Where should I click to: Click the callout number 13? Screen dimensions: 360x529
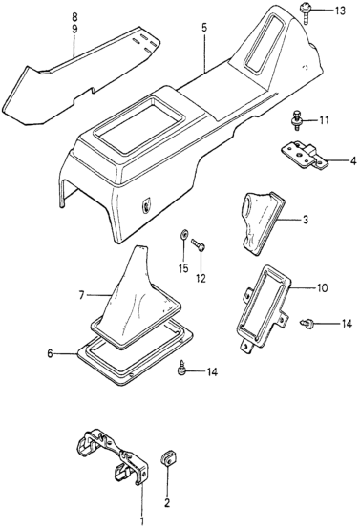[340, 11]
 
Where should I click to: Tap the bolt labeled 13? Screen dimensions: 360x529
[305, 12]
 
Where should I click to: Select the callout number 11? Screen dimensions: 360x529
[324, 120]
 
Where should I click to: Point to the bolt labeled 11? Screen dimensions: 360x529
[296, 120]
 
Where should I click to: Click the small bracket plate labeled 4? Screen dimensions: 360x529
[305, 155]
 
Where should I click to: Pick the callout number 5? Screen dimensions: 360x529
[204, 28]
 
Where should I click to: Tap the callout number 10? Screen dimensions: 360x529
[322, 288]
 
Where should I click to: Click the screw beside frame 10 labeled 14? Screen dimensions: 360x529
[307, 324]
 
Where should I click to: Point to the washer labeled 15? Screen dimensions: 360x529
[183, 233]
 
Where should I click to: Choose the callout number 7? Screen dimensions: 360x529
[81, 296]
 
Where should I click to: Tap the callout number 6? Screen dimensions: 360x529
[50, 354]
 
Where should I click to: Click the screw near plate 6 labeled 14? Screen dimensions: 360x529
[181, 367]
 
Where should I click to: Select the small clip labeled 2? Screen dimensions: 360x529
[165, 458]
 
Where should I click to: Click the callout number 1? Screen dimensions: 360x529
[141, 520]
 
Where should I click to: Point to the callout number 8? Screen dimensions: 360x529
[74, 16]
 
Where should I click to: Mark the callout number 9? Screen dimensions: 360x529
[74, 29]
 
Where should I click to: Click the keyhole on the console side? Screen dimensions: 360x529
[145, 204]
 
